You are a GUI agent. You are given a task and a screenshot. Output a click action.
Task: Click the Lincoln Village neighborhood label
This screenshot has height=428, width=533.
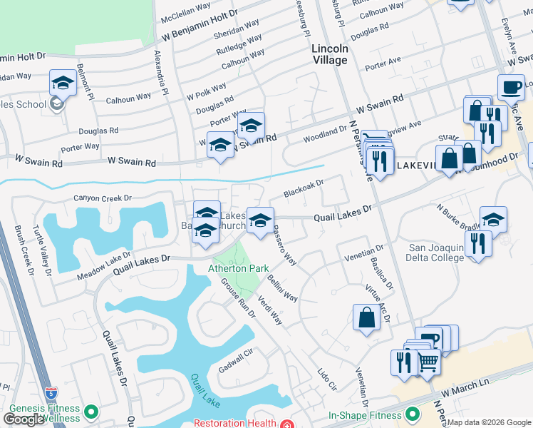pyautogui.click(x=330, y=54)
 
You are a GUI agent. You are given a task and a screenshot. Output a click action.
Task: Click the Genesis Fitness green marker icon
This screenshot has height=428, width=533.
pyautogui.click(x=90, y=412)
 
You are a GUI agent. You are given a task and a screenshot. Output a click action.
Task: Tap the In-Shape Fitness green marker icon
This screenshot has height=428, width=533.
pyautogui.click(x=412, y=414)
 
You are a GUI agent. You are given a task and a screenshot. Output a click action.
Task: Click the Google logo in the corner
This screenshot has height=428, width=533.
pyautogui.click(x=24, y=419)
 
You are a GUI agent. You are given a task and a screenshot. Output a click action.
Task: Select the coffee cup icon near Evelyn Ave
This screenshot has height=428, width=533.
pyautogui.click(x=510, y=88)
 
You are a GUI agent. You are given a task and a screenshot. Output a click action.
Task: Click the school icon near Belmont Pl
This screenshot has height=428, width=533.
pyautogui.click(x=63, y=83)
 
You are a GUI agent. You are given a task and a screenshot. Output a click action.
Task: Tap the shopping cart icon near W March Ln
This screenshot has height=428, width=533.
pyautogui.click(x=428, y=362)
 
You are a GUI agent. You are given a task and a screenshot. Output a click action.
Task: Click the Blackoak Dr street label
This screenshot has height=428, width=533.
pyautogui.click(x=304, y=188)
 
